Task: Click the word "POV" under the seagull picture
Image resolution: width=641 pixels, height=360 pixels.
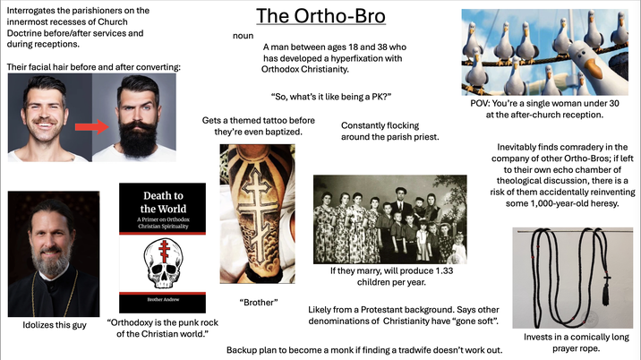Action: click(482, 104)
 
